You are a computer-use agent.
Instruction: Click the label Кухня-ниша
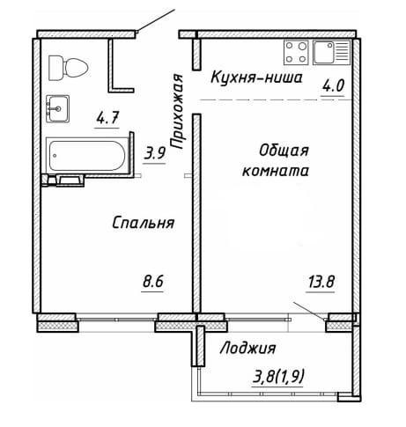pyautogui.click(x=255, y=78)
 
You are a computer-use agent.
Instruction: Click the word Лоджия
pyautogui.click(x=248, y=348)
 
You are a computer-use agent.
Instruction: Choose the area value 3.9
pyautogui.click(x=156, y=151)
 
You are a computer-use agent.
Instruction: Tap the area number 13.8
pyautogui.click(x=322, y=283)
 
